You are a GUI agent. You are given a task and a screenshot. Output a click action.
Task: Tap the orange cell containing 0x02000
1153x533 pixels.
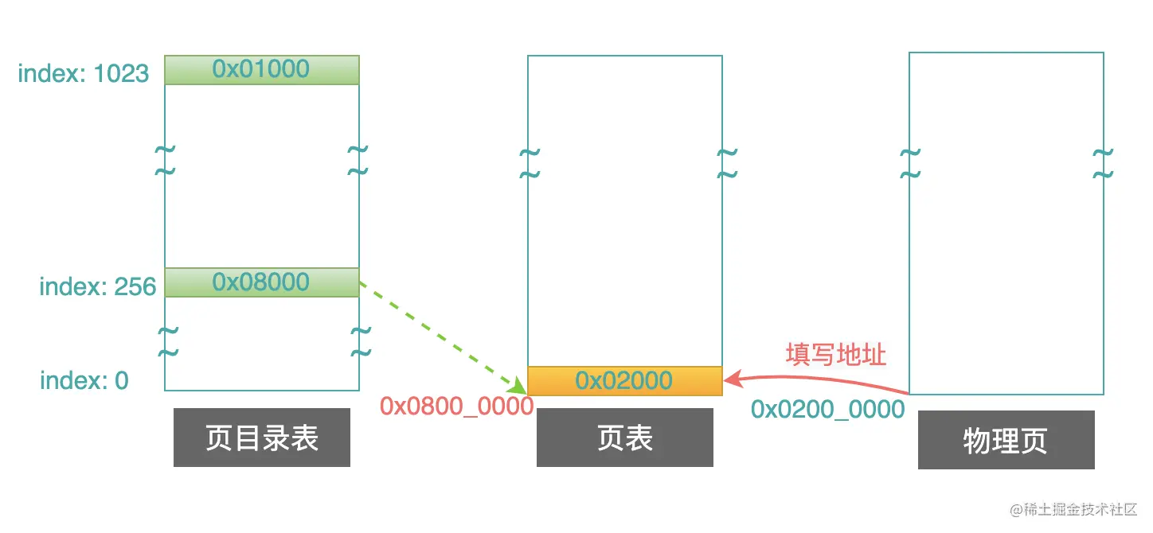point(624,380)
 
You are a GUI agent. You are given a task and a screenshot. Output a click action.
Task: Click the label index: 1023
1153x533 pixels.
point(84,73)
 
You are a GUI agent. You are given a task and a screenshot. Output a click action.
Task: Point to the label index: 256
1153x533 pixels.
point(97,286)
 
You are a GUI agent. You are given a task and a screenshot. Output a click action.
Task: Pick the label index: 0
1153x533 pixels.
point(84,380)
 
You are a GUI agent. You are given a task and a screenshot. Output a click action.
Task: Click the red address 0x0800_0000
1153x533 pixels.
point(456,407)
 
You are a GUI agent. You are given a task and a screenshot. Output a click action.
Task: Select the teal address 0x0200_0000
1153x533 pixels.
point(828,409)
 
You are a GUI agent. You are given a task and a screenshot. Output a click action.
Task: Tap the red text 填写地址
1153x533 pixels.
point(835,354)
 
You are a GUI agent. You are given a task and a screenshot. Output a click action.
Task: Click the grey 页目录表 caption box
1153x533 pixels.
point(261,438)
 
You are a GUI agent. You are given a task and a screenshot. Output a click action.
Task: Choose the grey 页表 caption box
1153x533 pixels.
point(624,438)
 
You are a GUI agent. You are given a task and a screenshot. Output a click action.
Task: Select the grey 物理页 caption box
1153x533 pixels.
point(1006,440)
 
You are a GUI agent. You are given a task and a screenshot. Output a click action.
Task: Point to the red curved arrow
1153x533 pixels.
point(820,380)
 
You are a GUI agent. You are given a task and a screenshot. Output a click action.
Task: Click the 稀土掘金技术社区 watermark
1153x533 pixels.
point(1074,509)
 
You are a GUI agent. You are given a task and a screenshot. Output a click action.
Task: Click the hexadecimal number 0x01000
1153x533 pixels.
point(261,69)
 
